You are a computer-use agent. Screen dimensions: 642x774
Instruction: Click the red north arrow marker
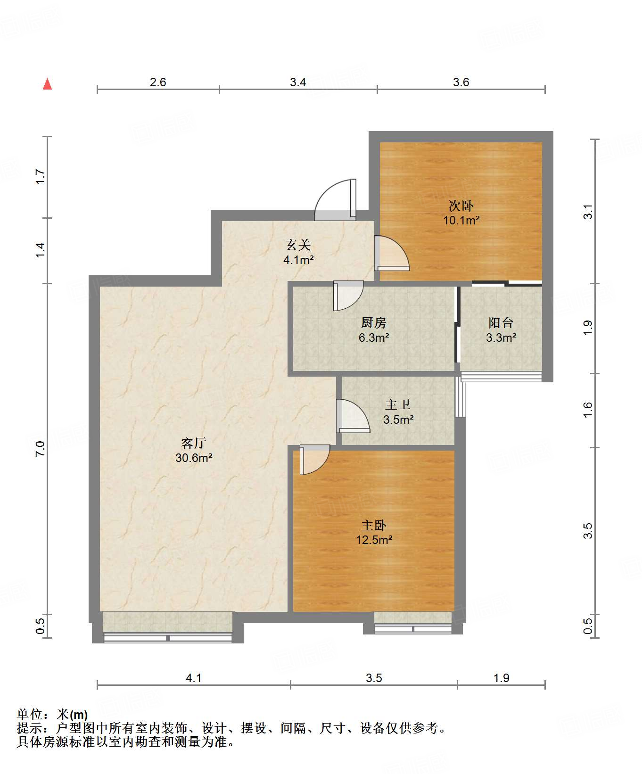[47, 84]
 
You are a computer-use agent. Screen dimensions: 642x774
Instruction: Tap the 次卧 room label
[461, 206]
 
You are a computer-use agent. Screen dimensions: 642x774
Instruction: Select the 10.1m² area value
[461, 220]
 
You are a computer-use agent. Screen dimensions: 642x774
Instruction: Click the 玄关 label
[298, 245]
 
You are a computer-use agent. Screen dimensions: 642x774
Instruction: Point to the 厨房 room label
[374, 323]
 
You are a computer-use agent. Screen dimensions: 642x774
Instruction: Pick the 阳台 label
[501, 323]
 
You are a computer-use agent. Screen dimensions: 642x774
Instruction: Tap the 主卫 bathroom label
[398, 404]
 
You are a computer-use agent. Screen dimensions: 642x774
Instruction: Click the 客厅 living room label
[194, 443]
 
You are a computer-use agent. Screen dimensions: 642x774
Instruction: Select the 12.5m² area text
[374, 540]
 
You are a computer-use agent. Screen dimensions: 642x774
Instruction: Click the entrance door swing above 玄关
[335, 200]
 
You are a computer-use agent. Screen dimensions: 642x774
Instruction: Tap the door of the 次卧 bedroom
[392, 253]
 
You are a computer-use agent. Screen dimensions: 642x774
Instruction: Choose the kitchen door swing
[348, 296]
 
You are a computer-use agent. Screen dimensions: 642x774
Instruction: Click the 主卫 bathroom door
[353, 416]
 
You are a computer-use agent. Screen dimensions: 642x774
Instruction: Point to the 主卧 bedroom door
[314, 460]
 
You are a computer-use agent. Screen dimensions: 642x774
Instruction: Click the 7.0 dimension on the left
[40, 448]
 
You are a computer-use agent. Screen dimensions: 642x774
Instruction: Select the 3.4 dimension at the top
[298, 82]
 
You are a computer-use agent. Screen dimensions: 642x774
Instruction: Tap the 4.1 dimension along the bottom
[194, 678]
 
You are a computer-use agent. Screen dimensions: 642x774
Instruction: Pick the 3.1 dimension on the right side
[588, 212]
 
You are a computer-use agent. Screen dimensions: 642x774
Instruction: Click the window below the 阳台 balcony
[501, 376]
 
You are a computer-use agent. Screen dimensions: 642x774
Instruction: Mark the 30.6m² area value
[194, 458]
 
